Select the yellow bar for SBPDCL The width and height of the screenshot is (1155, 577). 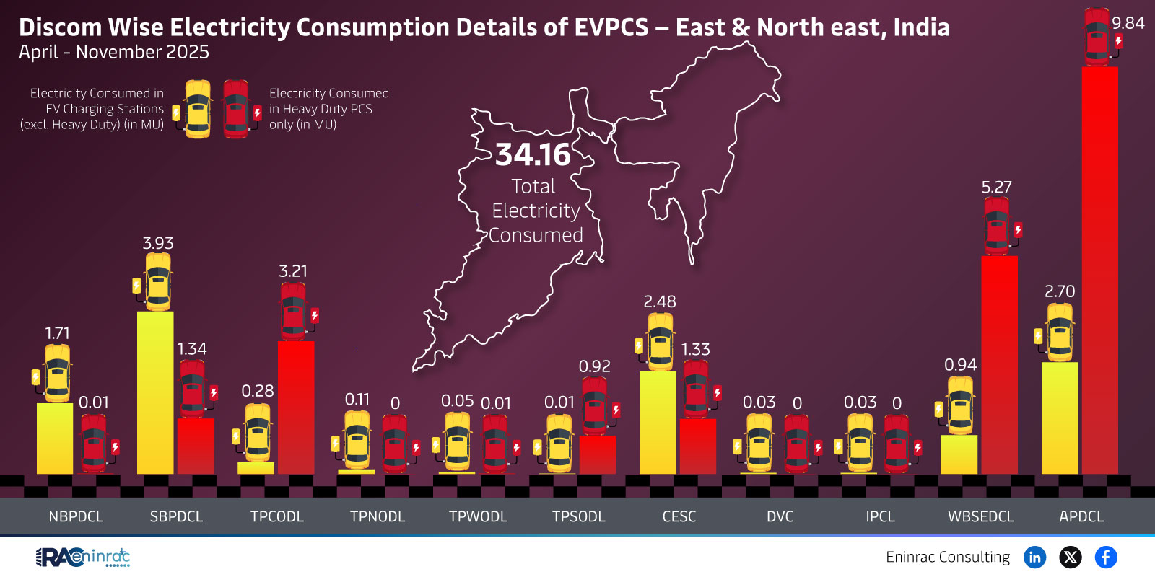click(x=155, y=392)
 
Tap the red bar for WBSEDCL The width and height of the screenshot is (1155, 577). click(x=999, y=364)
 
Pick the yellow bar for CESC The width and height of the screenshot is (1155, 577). click(x=658, y=422)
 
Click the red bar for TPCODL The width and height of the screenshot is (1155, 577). click(x=296, y=408)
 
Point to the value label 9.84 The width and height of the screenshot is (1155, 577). click(x=1128, y=23)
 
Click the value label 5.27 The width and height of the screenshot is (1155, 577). click(x=996, y=187)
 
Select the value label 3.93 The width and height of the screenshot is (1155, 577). click(x=158, y=243)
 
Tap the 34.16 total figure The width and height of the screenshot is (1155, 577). click(x=533, y=154)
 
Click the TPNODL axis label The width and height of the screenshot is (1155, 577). click(x=378, y=516)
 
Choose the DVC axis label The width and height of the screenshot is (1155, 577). click(x=780, y=516)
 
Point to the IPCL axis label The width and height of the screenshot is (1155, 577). click(x=880, y=516)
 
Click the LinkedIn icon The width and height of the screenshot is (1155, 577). click(x=1034, y=557)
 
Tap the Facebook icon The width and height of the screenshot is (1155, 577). click(x=1106, y=557)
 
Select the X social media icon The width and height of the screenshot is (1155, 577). click(x=1071, y=557)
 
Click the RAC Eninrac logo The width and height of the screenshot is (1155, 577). click(x=83, y=557)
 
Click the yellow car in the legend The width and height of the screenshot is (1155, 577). click(x=198, y=109)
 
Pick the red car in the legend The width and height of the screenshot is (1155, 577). click(x=236, y=109)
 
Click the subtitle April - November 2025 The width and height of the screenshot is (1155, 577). click(x=114, y=52)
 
